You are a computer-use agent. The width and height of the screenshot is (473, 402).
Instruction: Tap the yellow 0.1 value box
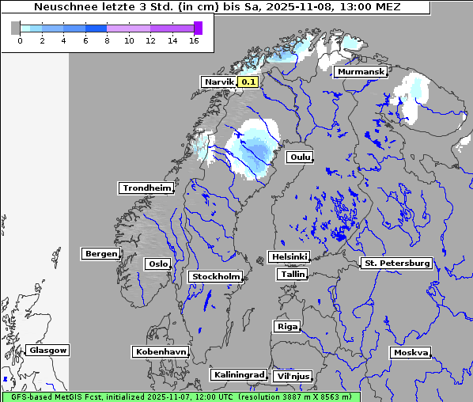248,82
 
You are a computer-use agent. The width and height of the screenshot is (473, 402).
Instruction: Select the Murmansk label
361,72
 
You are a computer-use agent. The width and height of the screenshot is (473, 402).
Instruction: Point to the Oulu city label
300,157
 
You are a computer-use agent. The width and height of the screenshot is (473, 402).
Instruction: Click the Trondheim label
146,188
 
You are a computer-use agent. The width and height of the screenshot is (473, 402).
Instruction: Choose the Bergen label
100,254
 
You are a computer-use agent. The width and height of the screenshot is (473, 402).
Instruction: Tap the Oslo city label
157,264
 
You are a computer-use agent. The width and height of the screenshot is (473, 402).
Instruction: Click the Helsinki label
289,256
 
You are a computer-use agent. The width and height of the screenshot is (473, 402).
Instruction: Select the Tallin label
293,274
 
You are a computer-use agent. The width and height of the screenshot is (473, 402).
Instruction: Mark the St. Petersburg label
396,263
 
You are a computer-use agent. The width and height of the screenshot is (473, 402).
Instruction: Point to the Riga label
286,326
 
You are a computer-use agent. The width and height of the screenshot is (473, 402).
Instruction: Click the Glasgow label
47,350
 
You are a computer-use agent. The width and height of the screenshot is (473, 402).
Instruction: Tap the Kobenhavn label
161,351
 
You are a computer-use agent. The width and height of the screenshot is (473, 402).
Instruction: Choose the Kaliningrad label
238,374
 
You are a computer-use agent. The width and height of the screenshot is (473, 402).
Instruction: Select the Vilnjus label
292,376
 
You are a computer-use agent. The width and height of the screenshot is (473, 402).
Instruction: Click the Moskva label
411,352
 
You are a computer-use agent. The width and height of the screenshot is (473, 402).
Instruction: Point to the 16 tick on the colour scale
193,40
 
